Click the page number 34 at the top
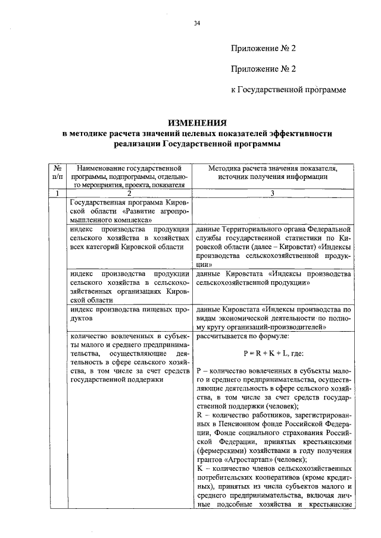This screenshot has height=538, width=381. pyautogui.click(x=197, y=24)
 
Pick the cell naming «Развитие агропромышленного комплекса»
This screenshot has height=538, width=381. pyautogui.click(x=129, y=210)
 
